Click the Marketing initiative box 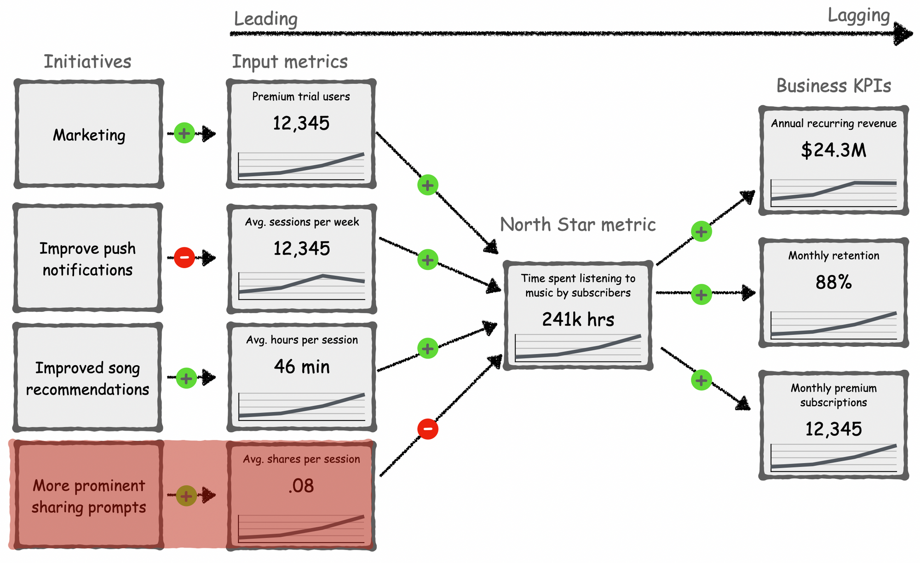click(89, 134)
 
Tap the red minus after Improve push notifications click(184, 258)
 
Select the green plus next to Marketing click(184, 133)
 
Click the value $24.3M click(834, 150)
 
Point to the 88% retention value click(834, 282)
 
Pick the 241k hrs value click(578, 319)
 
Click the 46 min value click(302, 367)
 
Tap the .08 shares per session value click(301, 486)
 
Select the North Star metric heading click(578, 224)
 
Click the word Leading click(266, 19)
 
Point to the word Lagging click(859, 16)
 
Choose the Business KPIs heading click(834, 86)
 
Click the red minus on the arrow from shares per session click(428, 429)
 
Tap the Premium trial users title click(301, 97)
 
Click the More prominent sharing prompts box click(89, 495)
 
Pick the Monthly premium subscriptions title click(834, 395)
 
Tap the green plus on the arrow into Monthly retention click(701, 294)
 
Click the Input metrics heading click(290, 62)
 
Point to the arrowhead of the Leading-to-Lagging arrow click(904, 34)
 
